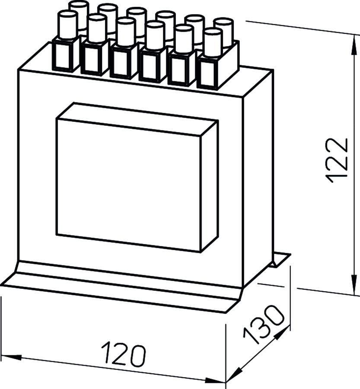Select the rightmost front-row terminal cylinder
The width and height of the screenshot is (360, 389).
pos(213,43)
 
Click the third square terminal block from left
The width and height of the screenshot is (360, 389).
pos(121,63)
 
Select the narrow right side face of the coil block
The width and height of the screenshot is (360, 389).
pos(210,186)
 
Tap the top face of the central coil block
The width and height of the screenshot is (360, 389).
pos(138,120)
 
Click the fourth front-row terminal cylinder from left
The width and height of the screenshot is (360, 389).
pos(155,36)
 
